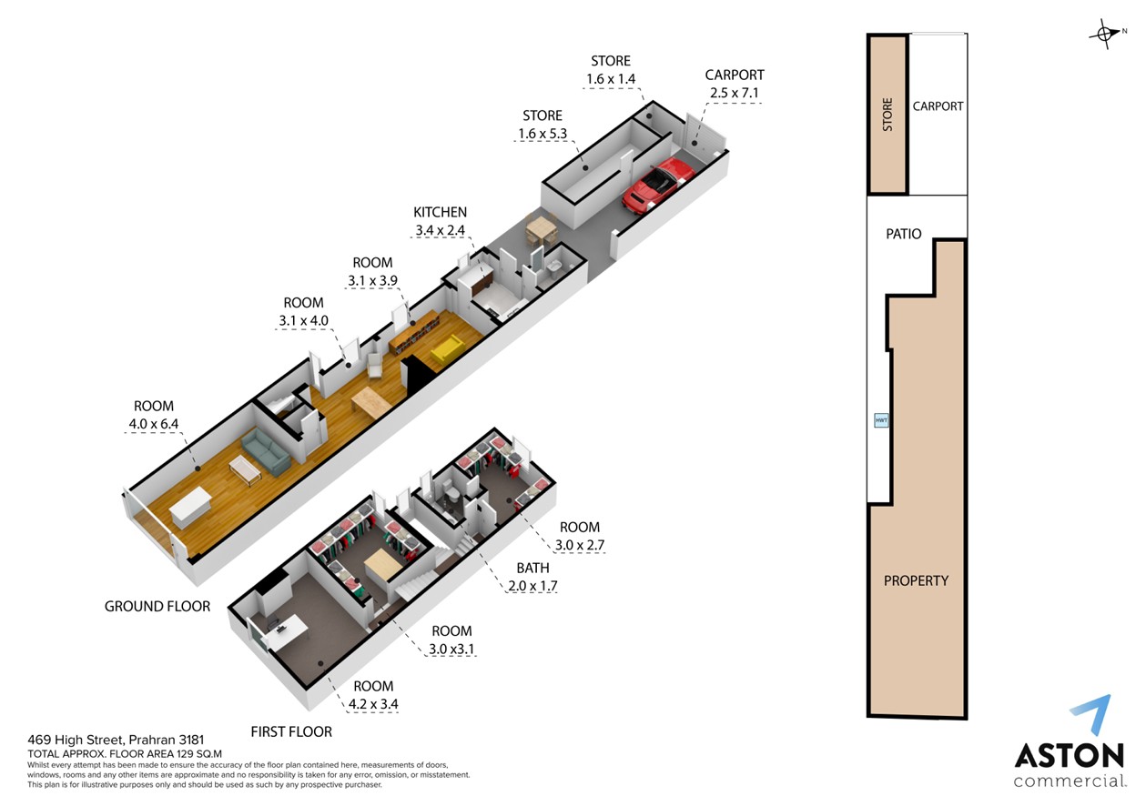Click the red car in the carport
[x=658, y=183]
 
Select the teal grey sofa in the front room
[x=266, y=453]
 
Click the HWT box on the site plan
[x=881, y=420]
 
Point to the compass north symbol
[x=1106, y=35]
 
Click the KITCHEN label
[x=440, y=212]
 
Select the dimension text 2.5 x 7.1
[x=735, y=93]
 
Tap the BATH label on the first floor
[x=532, y=568]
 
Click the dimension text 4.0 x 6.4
[x=154, y=424]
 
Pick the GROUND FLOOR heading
[x=157, y=606]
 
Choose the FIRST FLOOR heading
[x=291, y=731]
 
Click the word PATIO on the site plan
[x=904, y=234]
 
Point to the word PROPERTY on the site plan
[x=917, y=580]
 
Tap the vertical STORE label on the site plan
[x=887, y=115]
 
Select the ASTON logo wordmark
[x=1070, y=755]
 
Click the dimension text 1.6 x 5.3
[x=543, y=134]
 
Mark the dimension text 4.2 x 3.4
[x=373, y=704]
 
